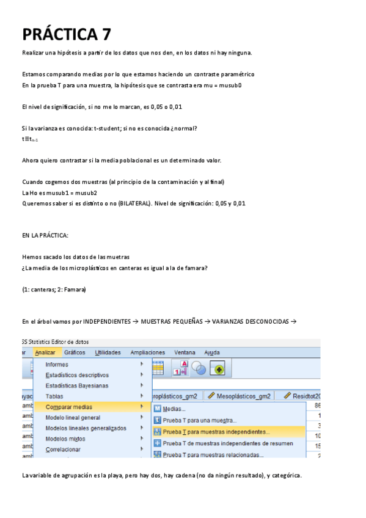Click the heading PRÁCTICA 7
point(67,34)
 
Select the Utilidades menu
point(108,352)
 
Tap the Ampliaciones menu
point(147,352)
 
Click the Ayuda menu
point(212,352)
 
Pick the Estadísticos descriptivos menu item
point(77,375)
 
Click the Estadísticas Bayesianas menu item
point(77,385)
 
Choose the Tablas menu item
point(54,396)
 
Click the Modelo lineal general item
point(73,417)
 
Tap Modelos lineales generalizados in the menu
point(86,428)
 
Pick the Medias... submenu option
point(174,409)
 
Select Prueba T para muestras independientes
point(216,431)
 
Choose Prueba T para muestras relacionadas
point(213,454)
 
